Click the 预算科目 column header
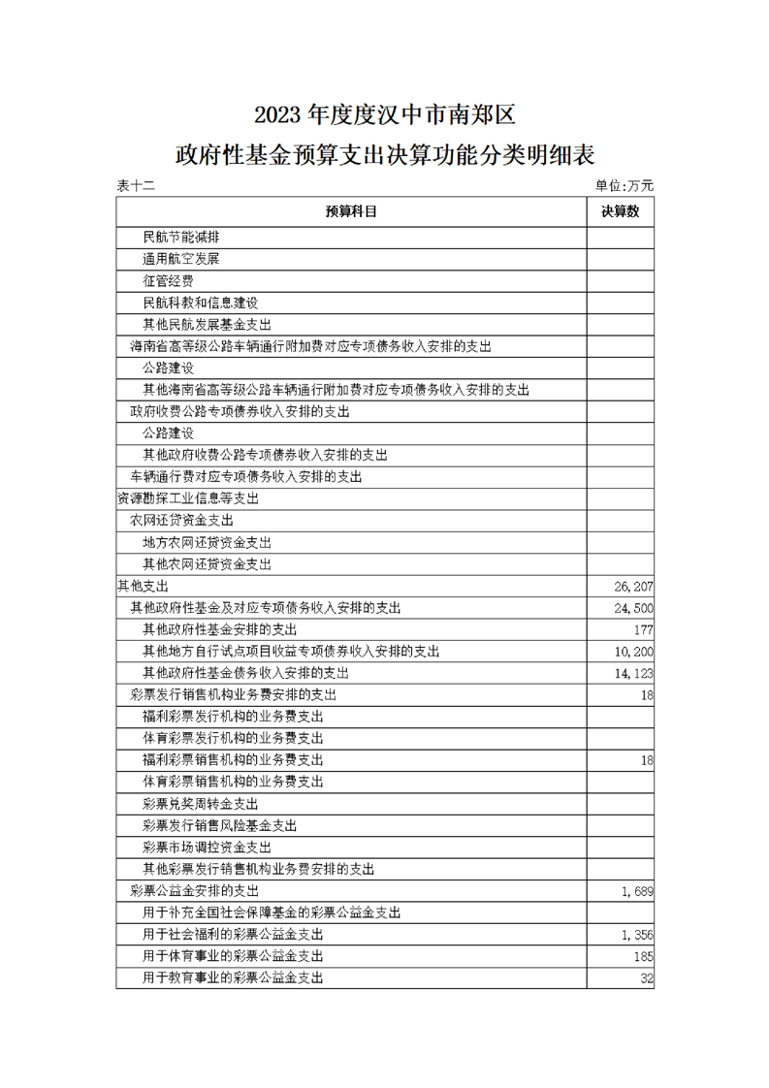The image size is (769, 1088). pos(351,211)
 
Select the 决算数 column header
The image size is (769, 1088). pos(620,211)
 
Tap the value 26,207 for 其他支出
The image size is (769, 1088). pos(634,586)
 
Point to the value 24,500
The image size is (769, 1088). pos(634,608)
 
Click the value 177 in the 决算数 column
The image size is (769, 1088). pos(643,629)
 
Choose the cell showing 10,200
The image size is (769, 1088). pos(634,652)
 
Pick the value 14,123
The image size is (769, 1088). pos(634,673)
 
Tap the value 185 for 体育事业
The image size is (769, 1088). pos(643,956)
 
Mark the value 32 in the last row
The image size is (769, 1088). pos(647,978)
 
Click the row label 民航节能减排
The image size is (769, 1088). pos(180,238)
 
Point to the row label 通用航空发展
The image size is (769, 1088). pos(180,260)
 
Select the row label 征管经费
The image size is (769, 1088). pos(168,281)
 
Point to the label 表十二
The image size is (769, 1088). pos(136,185)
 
